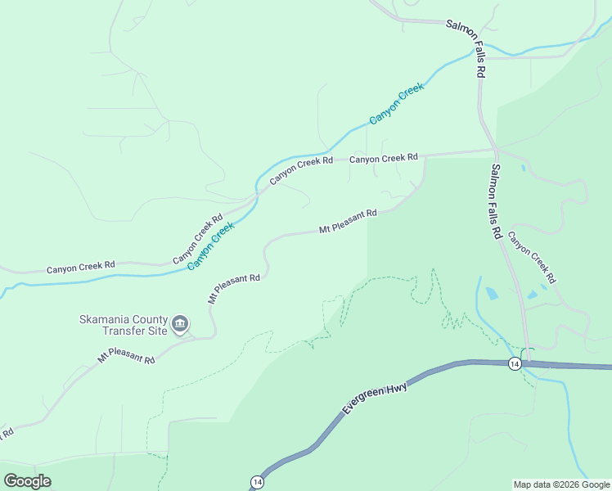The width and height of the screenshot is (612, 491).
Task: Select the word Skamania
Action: coord(108,319)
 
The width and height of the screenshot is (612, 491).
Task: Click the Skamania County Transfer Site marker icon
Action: coord(181,325)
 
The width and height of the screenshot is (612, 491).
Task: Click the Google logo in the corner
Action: coord(27,481)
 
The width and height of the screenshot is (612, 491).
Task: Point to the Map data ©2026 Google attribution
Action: coord(561,484)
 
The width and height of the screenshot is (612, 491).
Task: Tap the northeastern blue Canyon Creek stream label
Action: coord(397,103)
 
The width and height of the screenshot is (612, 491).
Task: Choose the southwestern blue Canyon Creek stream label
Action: coord(211,245)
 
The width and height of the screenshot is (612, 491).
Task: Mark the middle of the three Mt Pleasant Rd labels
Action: coord(234,289)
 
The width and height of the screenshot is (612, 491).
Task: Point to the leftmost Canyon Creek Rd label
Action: coord(80,268)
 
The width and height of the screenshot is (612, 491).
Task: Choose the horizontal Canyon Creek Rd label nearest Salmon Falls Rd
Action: coord(384,158)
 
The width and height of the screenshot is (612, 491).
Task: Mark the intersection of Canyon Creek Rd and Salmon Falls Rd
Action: coord(495,150)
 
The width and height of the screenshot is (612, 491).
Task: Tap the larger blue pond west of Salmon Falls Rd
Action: coord(491,293)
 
